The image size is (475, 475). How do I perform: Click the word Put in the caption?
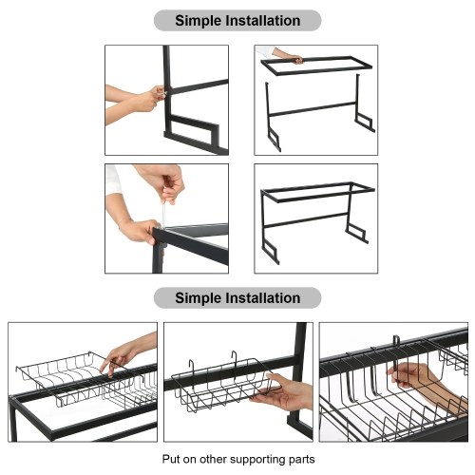click(x=170, y=459)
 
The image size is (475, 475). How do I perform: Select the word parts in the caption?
click(x=302, y=460)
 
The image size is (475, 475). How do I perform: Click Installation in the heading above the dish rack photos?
click(x=263, y=298)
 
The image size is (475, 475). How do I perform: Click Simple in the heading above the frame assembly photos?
click(x=199, y=21)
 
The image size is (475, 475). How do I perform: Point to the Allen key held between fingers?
click(x=163, y=212)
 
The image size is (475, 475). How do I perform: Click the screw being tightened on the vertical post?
click(x=163, y=93)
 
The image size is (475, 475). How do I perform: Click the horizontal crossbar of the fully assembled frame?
click(x=306, y=219)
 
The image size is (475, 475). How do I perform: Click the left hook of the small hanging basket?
click(x=192, y=369)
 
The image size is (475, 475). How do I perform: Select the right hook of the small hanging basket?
click(x=235, y=359)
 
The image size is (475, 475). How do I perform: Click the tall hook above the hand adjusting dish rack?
click(x=396, y=345)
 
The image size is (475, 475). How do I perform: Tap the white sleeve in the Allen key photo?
click(x=113, y=179)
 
